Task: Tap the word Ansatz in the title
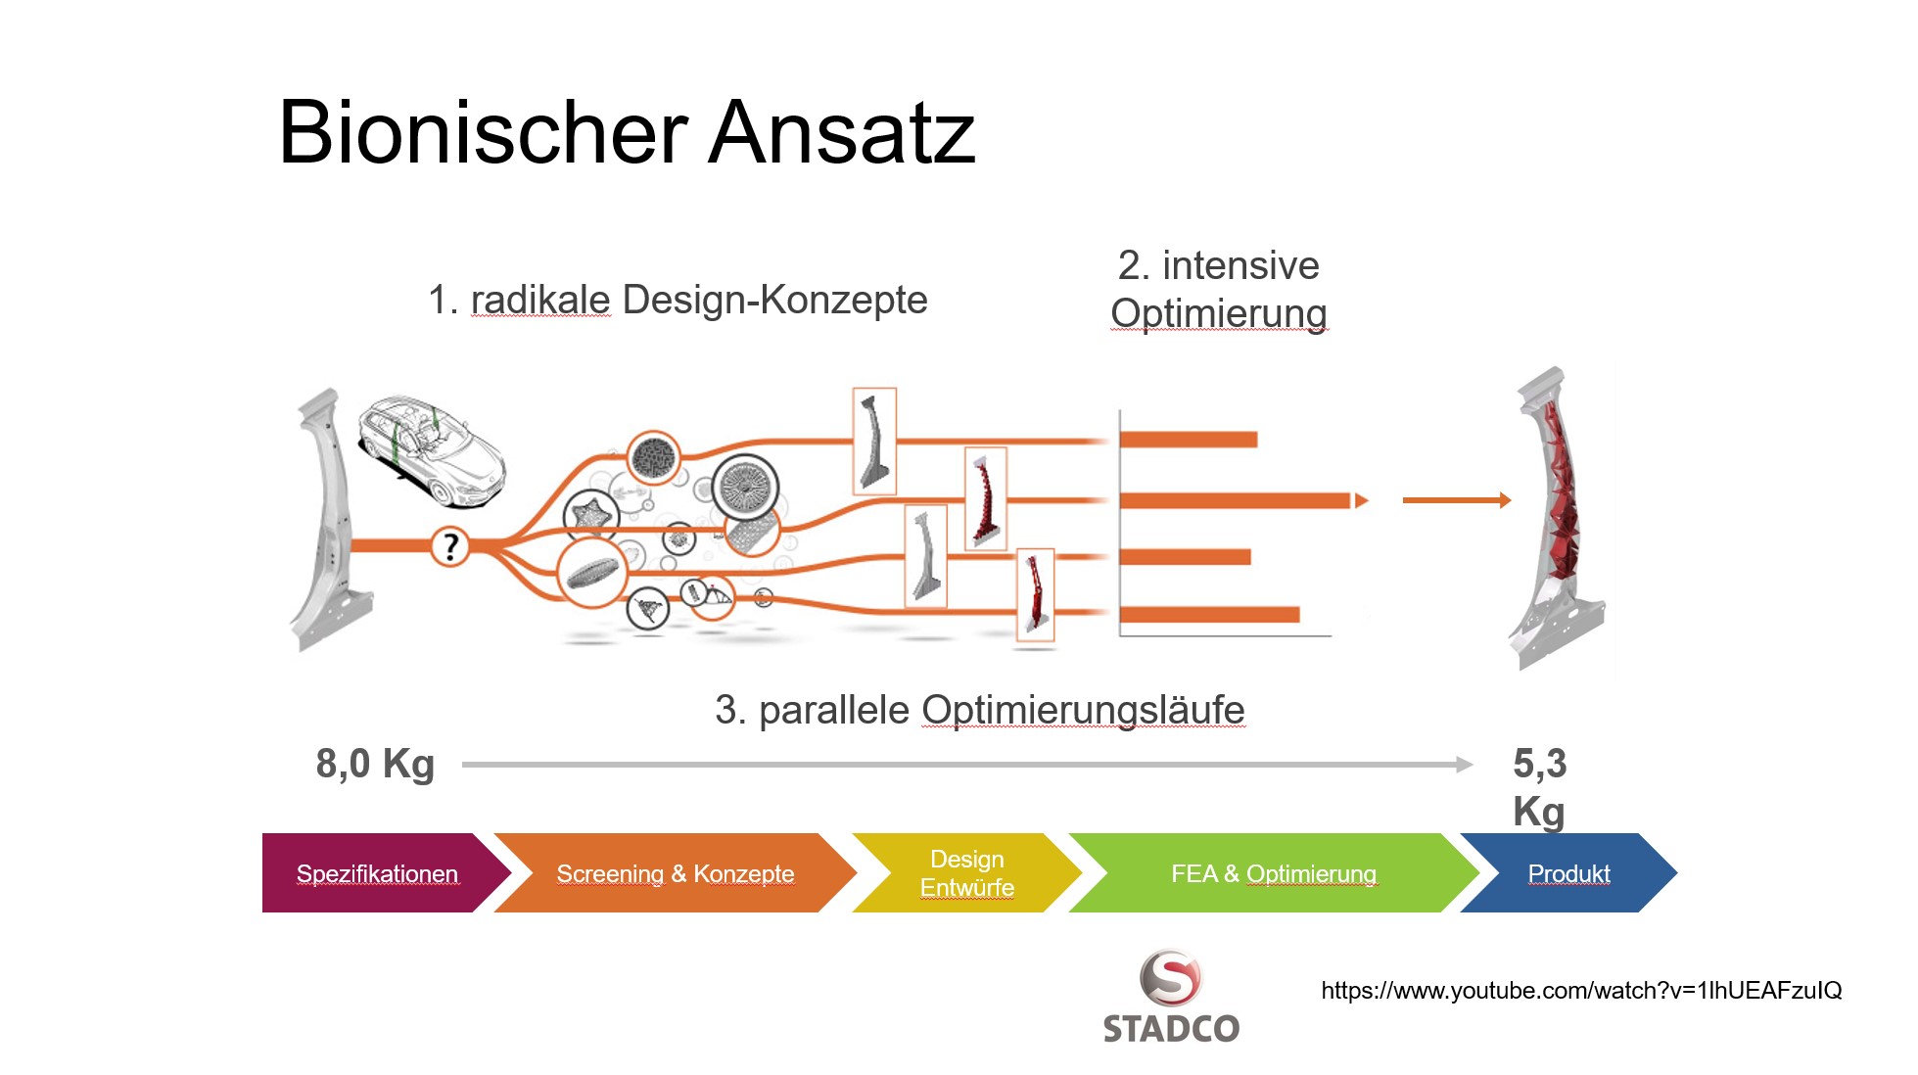pyautogui.click(x=841, y=133)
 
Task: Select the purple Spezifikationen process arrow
pyautogui.click(x=377, y=873)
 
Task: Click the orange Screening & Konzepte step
pyautogui.click(x=675, y=873)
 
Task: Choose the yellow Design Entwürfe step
pyautogui.click(x=966, y=873)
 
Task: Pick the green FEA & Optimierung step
pyautogui.click(x=1273, y=873)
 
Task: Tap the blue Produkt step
pyautogui.click(x=1568, y=873)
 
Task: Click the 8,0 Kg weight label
pyautogui.click(x=374, y=764)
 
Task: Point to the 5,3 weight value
pyautogui.click(x=1539, y=764)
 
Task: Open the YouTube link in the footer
pyautogui.click(x=1580, y=991)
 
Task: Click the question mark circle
pyautogui.click(x=450, y=545)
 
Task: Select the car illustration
pyautogui.click(x=432, y=450)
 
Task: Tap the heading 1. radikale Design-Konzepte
pyautogui.click(x=678, y=300)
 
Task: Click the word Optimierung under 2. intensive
pyautogui.click(x=1218, y=313)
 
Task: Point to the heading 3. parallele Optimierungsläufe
pyautogui.click(x=979, y=710)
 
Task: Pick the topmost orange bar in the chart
pyautogui.click(x=1188, y=440)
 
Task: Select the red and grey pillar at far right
pyautogui.click(x=1557, y=519)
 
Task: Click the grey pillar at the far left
pyautogui.click(x=326, y=519)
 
